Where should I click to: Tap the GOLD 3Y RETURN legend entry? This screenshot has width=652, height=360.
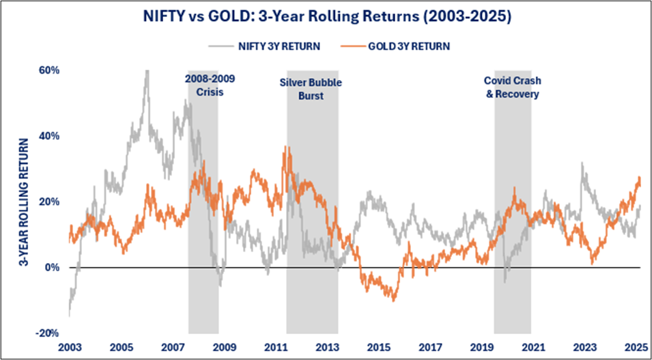pyautogui.click(x=406, y=46)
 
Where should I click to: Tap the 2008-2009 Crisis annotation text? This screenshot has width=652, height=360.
pyautogui.click(x=203, y=85)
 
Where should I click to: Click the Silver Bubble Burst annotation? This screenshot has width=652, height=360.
pyautogui.click(x=311, y=89)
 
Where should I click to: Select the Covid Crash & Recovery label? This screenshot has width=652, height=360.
pyautogui.click(x=511, y=87)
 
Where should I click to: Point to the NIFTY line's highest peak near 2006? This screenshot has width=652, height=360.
pyautogui.click(x=146, y=71)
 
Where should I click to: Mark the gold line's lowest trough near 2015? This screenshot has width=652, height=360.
pyautogui.click(x=393, y=299)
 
